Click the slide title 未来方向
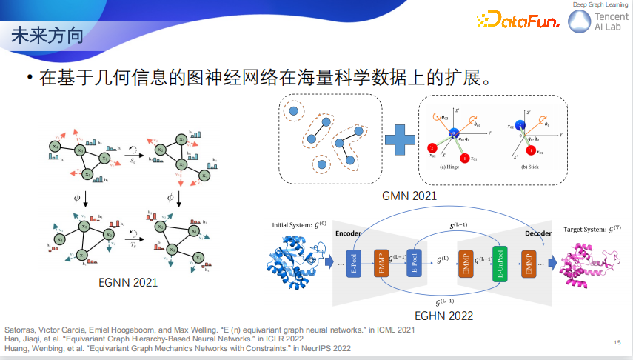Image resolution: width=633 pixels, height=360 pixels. [x=47, y=36]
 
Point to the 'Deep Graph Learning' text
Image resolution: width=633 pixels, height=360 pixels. [x=600, y=5]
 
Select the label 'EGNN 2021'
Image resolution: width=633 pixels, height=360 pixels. [x=127, y=282]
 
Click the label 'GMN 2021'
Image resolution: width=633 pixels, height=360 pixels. [x=409, y=196]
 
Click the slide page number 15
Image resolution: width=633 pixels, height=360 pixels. [x=617, y=342]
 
